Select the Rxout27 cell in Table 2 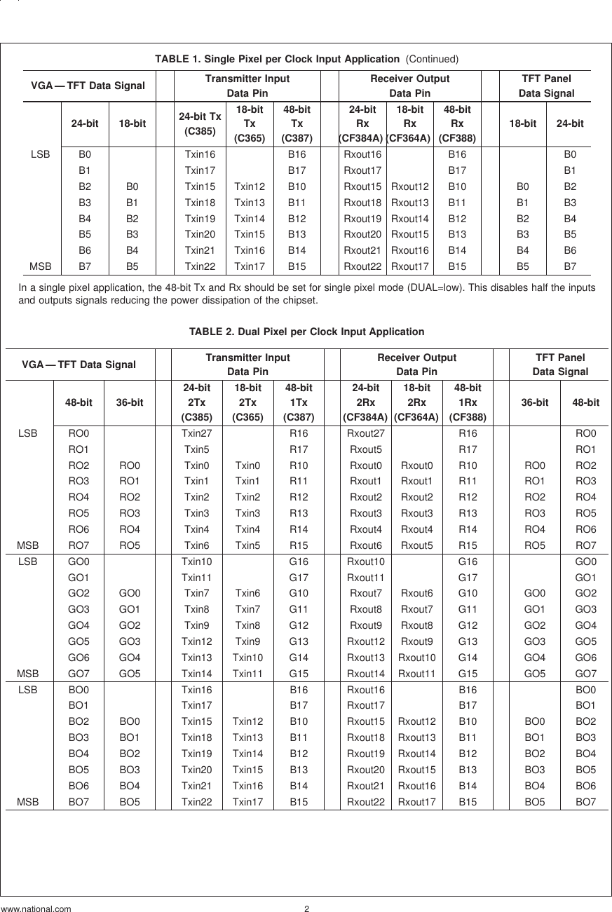point(367,434)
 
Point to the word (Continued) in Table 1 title point(430,59)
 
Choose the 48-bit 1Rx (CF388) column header point(468,402)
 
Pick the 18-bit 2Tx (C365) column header point(248,402)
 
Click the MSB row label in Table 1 point(40,266)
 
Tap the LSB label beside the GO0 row point(27,562)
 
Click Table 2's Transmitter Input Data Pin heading point(247,365)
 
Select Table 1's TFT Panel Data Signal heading point(546,86)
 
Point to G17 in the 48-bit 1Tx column point(299,578)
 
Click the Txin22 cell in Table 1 point(200,266)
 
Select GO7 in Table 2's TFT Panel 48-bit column point(585,673)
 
